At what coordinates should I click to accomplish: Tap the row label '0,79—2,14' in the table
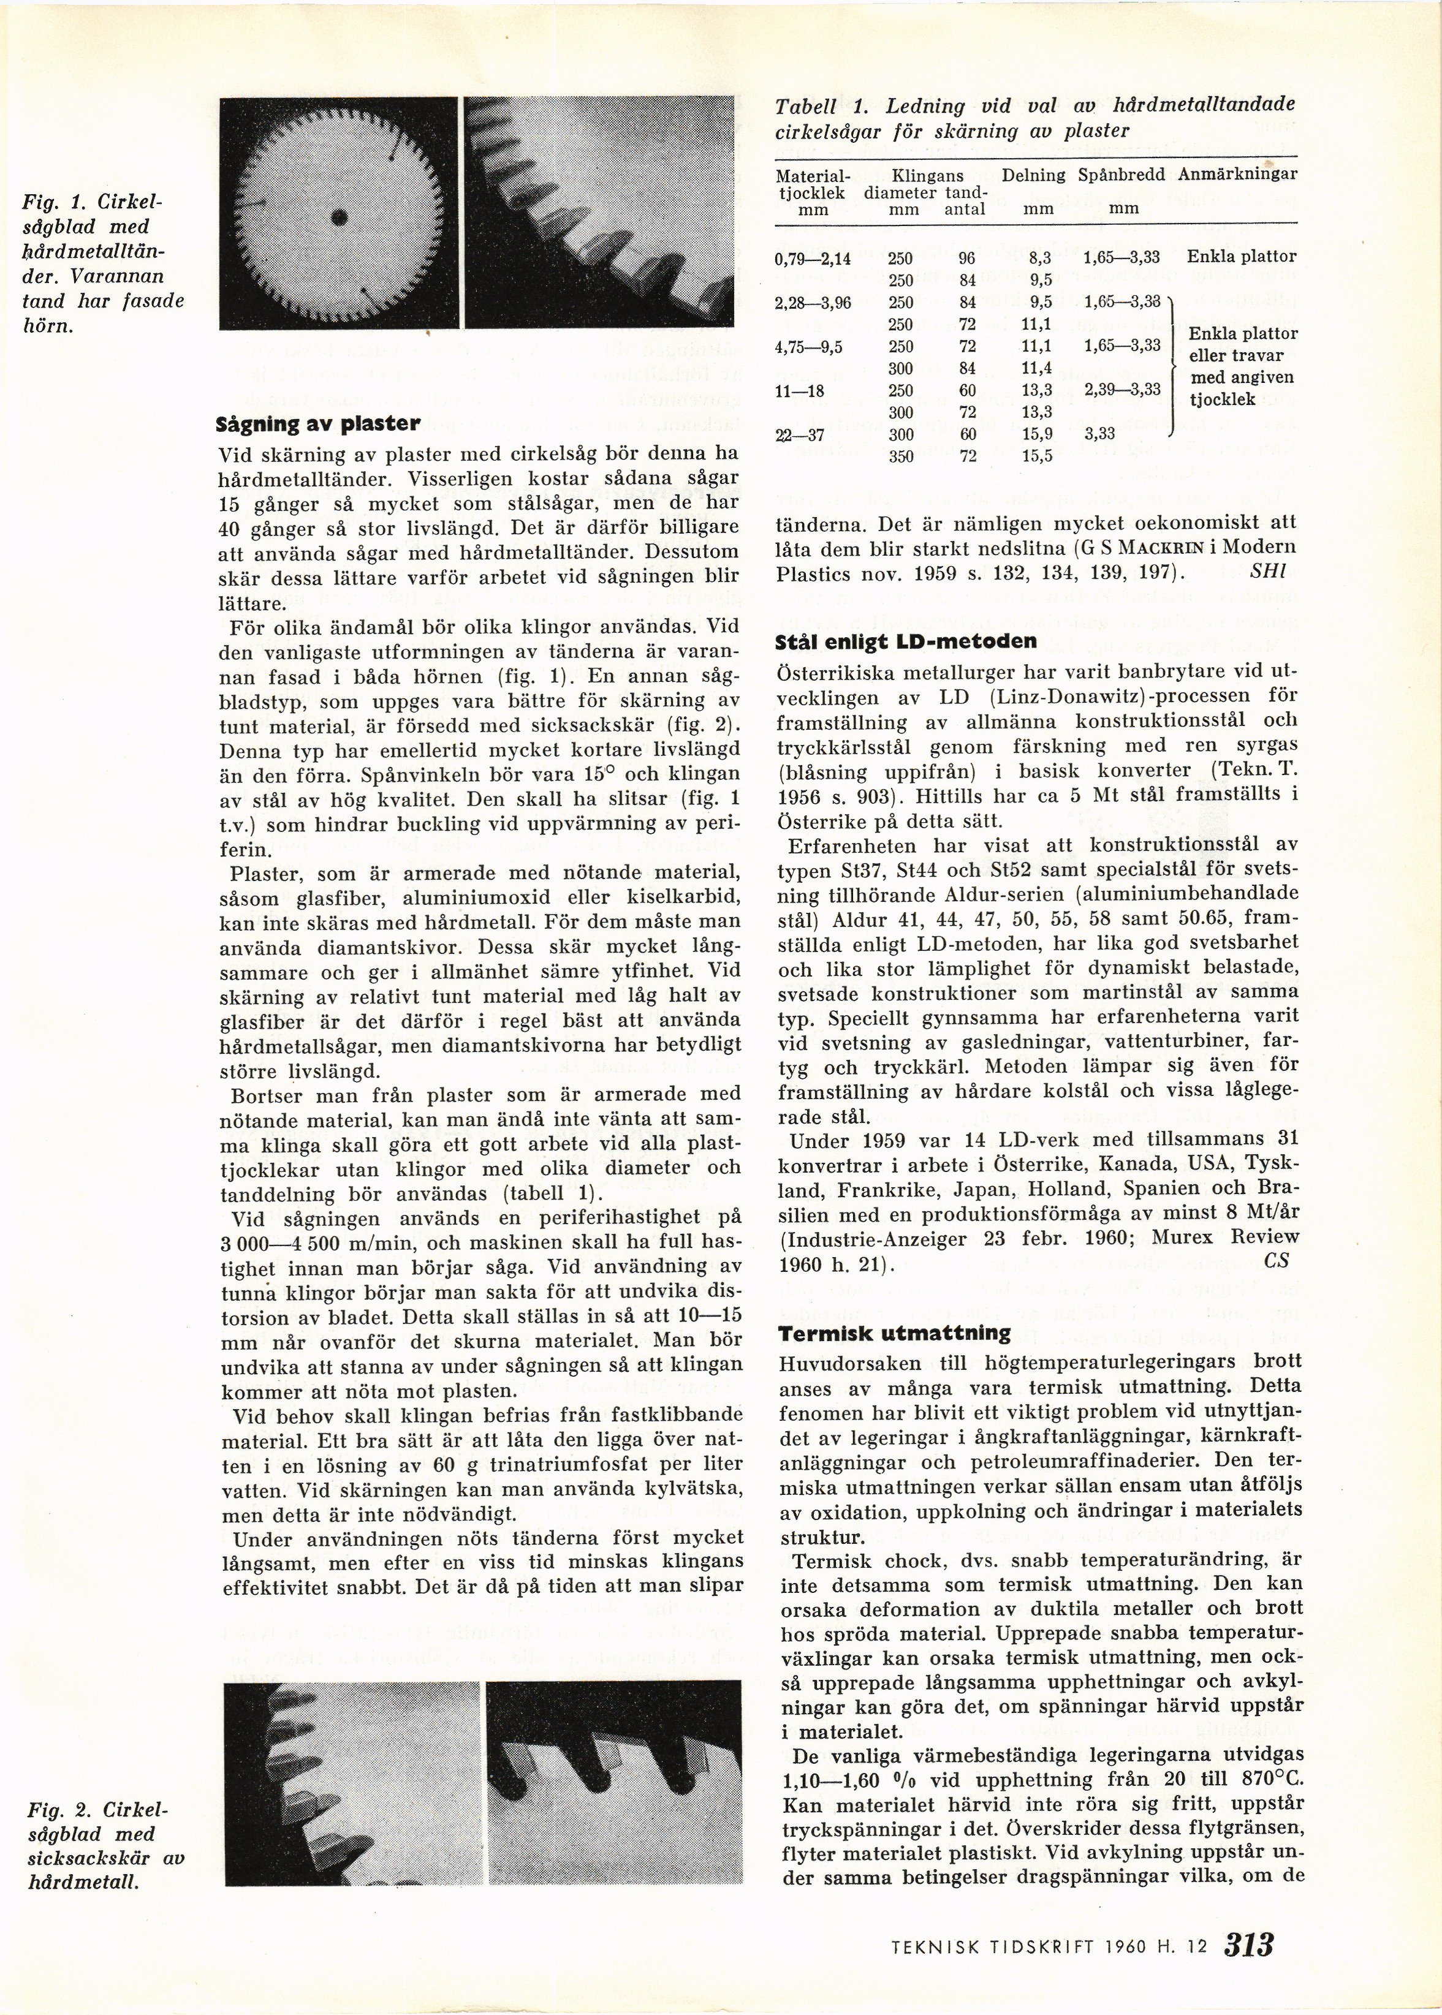click(813, 257)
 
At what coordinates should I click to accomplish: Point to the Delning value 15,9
click(1036, 435)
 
